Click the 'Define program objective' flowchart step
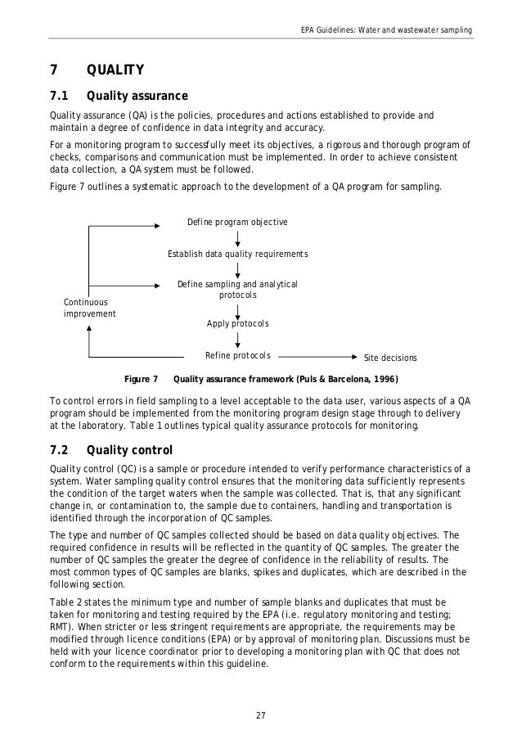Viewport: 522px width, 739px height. tap(237, 222)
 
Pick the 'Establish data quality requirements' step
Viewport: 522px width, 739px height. tap(237, 254)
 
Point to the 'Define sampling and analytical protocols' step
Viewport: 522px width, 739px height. tap(237, 289)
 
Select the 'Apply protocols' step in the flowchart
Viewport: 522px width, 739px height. tap(237, 324)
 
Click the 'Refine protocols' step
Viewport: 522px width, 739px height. tap(237, 356)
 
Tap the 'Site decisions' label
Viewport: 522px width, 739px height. tap(389, 358)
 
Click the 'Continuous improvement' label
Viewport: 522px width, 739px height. tap(89, 308)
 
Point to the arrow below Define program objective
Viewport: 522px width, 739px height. tap(237, 238)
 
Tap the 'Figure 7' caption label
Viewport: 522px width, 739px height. tap(139, 379)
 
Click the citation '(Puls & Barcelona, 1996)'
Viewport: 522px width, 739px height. tap(347, 379)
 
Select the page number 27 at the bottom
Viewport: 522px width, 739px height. tap(261, 716)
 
